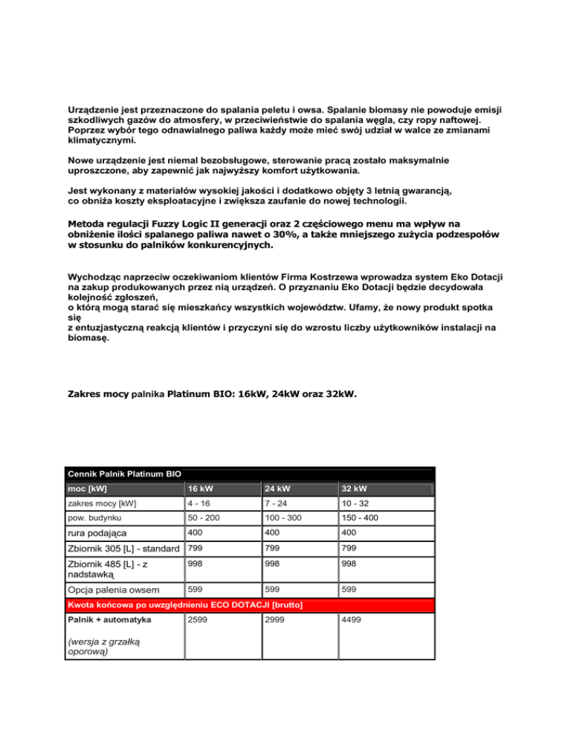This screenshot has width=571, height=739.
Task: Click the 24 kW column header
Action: [x=275, y=489]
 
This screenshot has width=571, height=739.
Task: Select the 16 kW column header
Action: [x=199, y=489]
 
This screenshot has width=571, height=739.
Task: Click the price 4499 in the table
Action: [x=351, y=619]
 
